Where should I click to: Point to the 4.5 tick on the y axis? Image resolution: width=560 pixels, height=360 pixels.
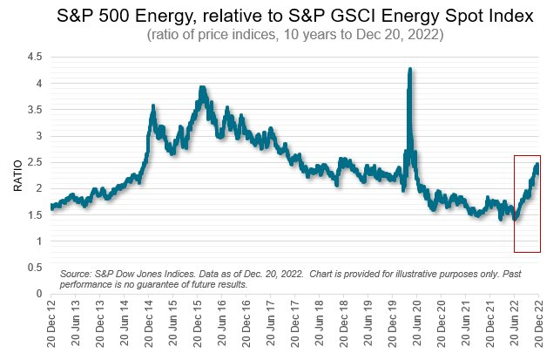point(36,57)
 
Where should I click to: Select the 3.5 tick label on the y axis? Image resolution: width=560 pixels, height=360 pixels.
point(36,110)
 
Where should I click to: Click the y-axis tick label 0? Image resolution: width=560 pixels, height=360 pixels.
point(40,294)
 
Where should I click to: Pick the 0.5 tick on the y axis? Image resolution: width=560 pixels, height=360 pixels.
point(36,268)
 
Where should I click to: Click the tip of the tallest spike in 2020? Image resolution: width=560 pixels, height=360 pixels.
point(409,69)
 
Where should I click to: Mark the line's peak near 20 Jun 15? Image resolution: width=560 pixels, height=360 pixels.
point(202,88)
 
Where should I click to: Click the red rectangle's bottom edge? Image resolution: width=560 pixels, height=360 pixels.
point(527,252)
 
